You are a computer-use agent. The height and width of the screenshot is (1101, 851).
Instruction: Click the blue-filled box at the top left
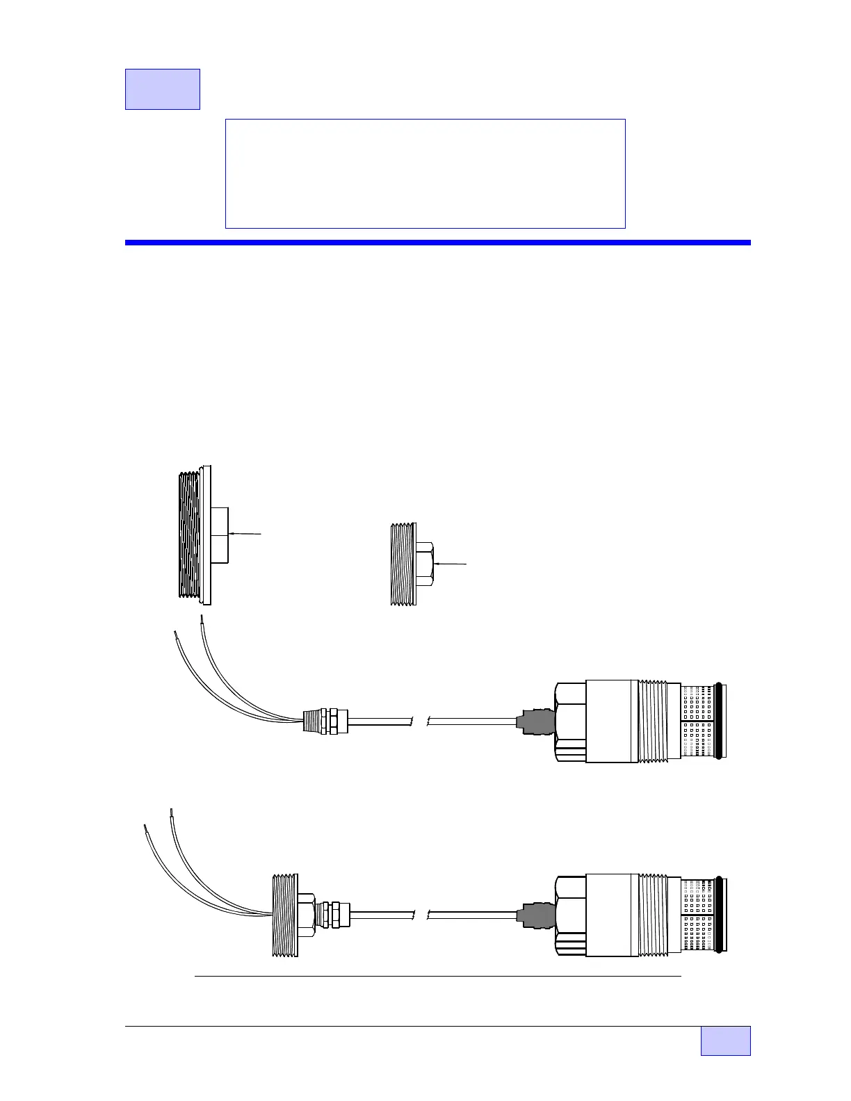162,89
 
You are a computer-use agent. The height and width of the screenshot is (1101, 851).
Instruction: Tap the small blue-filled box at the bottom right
725,1041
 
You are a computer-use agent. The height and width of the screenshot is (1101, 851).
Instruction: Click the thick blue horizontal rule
437,243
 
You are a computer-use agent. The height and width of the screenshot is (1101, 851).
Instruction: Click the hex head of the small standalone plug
425,564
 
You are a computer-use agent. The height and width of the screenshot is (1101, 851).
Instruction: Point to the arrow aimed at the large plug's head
245,534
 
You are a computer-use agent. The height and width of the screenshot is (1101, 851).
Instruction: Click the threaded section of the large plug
188,535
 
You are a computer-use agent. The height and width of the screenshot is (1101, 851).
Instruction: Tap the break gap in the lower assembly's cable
420,915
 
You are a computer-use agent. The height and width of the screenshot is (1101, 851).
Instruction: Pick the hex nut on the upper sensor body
570,721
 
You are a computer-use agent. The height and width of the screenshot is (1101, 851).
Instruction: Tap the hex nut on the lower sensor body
570,915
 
